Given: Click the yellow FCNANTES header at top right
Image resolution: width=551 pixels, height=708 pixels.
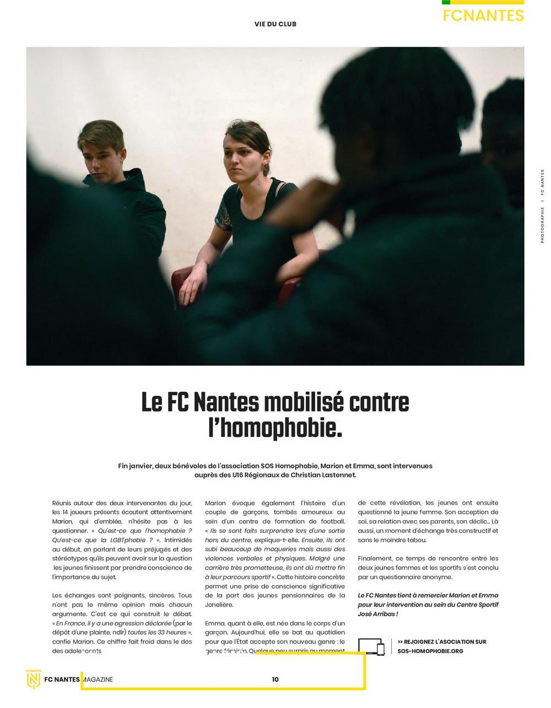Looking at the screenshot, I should click(483, 15).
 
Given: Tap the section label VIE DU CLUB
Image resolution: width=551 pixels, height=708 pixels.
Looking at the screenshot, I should click(275, 24).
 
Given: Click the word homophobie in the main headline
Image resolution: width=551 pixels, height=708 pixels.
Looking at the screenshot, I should click(275, 428).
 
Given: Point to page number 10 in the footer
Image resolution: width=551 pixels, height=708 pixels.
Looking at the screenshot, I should click(275, 679).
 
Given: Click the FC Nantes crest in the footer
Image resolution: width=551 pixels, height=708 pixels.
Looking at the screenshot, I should click(34, 679).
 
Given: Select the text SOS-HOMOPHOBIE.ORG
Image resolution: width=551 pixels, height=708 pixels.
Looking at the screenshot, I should click(430, 651).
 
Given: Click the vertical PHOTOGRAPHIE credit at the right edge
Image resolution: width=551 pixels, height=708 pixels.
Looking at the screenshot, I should click(542, 220).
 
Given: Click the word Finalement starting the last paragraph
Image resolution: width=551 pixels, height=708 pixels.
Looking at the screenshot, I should click(375, 559).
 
